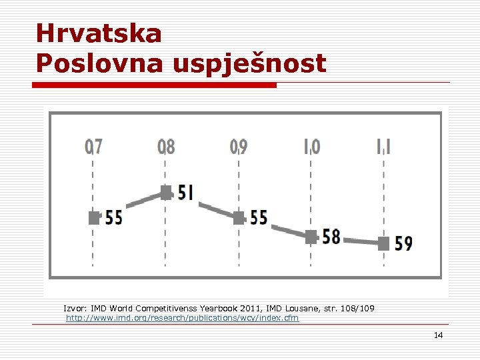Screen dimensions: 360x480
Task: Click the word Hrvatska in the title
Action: pos(99,33)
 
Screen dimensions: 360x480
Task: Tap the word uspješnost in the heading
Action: pos(249,64)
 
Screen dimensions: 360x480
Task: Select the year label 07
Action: pos(93,146)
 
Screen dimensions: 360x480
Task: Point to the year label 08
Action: pos(166,146)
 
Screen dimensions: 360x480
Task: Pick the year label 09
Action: pos(239,146)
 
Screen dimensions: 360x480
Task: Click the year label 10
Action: pos(311,146)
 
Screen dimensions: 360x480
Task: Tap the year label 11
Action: pos(384,146)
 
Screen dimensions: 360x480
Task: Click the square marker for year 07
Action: pos(94,217)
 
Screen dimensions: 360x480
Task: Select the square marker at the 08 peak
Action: pos(166,193)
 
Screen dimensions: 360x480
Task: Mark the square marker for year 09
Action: pos(239,217)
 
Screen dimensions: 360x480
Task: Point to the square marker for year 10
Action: pos(311,237)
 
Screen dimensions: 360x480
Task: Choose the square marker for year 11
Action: pos(383,243)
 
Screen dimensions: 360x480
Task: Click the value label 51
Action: pos(186,193)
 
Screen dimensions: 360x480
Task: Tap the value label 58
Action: pos(331,237)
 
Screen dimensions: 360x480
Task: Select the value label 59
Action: pos(403,243)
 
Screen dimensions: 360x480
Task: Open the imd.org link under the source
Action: pos(182,318)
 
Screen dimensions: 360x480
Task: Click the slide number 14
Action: pos(438,335)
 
